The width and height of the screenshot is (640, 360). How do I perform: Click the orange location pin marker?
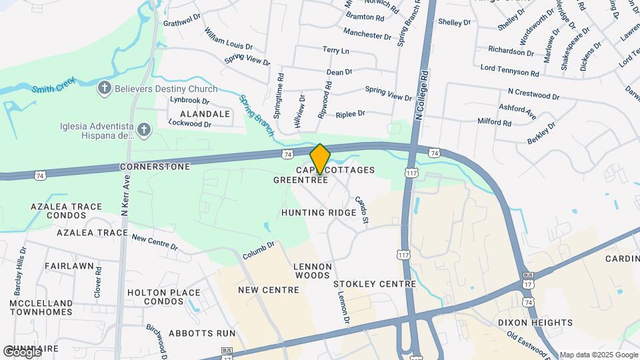[320, 159]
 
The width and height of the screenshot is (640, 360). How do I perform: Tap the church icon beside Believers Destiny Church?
[104, 89]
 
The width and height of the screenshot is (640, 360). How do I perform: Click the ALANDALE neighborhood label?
[194, 114]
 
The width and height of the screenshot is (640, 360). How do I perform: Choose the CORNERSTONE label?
[155, 166]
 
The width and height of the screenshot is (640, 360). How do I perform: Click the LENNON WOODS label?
[312, 271]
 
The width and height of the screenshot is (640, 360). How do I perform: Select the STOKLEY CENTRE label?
[365, 284]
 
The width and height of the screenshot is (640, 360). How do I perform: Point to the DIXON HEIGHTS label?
[535, 323]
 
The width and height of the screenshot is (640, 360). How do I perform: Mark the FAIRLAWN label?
[69, 265]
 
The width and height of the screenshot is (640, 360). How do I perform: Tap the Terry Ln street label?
[335, 51]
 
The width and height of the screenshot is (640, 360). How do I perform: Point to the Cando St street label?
[362, 209]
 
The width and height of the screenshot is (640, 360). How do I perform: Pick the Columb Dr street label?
[259, 251]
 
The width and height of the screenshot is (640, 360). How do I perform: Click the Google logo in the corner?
[21, 352]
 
